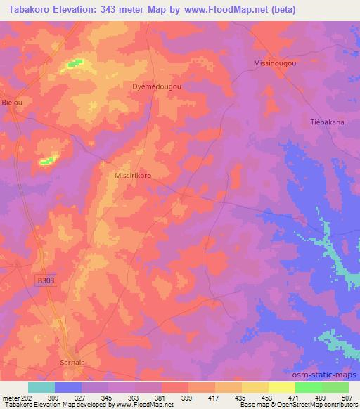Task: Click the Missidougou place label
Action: coord(275,63)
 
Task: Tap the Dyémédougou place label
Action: coord(157,86)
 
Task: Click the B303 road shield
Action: coord(46,280)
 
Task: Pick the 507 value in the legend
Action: coord(348,398)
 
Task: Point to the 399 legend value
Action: coord(188,398)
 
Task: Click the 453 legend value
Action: coord(268,398)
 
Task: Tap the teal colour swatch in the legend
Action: coord(41,387)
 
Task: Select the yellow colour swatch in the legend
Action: coord(282,387)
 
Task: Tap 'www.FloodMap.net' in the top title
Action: coord(229,10)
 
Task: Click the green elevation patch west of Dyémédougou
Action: coord(75,64)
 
